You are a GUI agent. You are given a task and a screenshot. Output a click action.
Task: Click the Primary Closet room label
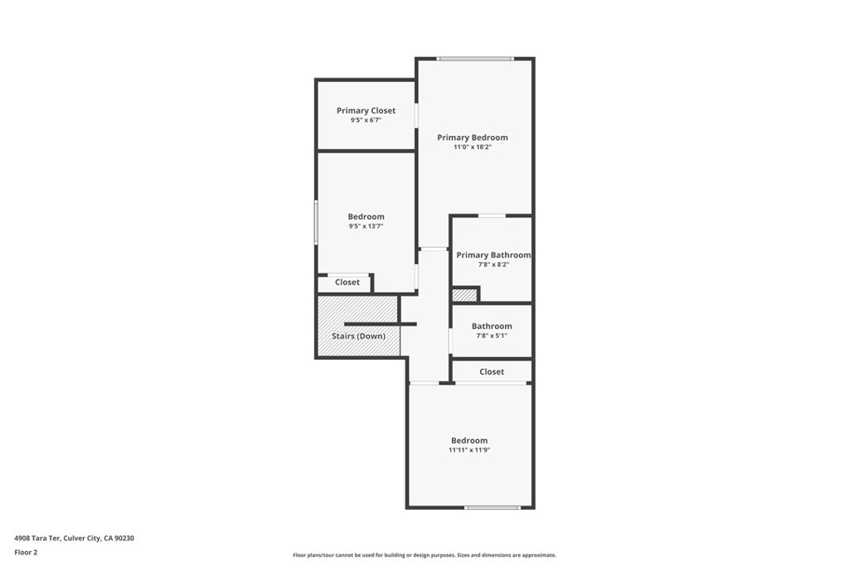pyautogui.click(x=366, y=110)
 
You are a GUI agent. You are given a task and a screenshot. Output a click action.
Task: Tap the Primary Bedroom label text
pyautogui.click(x=472, y=138)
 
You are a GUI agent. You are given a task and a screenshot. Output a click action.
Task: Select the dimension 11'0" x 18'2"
pyautogui.click(x=472, y=148)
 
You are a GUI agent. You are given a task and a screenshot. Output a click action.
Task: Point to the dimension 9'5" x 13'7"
pyautogui.click(x=366, y=226)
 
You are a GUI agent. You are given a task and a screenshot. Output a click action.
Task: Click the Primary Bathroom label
pyautogui.click(x=492, y=255)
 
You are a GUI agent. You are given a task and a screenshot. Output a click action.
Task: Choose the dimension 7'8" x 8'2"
pyautogui.click(x=492, y=265)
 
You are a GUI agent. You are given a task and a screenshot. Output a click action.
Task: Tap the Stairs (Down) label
pyautogui.click(x=358, y=336)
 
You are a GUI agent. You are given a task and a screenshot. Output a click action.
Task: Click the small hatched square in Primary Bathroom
pyautogui.click(x=464, y=294)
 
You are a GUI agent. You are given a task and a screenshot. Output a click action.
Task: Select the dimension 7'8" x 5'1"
pyautogui.click(x=492, y=336)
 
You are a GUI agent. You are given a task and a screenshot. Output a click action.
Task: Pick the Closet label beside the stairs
pyautogui.click(x=347, y=283)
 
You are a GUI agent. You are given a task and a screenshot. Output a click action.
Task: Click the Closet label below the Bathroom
pyautogui.click(x=492, y=372)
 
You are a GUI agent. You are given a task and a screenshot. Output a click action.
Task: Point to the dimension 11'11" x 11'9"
pyautogui.click(x=469, y=450)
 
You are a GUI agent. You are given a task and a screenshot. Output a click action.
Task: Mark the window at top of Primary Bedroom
pyautogui.click(x=475, y=59)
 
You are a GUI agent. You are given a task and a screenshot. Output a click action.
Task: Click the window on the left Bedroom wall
pyautogui.click(x=316, y=222)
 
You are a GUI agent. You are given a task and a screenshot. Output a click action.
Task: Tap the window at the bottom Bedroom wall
pyautogui.click(x=492, y=507)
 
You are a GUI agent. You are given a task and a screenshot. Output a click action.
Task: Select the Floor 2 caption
pyautogui.click(x=26, y=552)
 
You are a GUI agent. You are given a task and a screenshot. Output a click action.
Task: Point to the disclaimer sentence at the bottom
pyautogui.click(x=424, y=555)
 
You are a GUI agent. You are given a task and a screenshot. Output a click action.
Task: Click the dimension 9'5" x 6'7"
pyautogui.click(x=366, y=120)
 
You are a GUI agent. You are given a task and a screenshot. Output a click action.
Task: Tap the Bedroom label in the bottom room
pyautogui.click(x=469, y=440)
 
